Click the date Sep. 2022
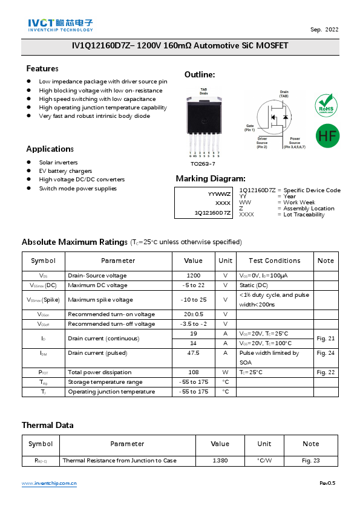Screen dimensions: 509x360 tap(324, 30)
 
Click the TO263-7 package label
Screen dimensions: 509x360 tap(203, 164)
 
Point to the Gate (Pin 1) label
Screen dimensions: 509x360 tap(250, 128)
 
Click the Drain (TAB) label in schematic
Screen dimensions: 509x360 tap(284, 94)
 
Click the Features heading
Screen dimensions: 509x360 tap(42, 68)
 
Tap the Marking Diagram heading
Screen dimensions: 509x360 tap(210, 178)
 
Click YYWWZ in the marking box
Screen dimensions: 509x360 tap(219, 194)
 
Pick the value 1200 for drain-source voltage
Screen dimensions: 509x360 tap(193, 275)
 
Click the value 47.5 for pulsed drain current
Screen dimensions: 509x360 tap(193, 353)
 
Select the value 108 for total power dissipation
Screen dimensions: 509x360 tap(193, 372)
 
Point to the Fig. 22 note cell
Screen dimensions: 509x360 tap(325, 372)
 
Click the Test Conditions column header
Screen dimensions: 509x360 tap(274, 261)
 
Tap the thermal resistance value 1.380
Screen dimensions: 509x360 tap(220, 461)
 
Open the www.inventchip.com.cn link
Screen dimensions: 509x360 tap(49, 484)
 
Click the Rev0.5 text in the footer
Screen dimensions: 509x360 tap(327, 484)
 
